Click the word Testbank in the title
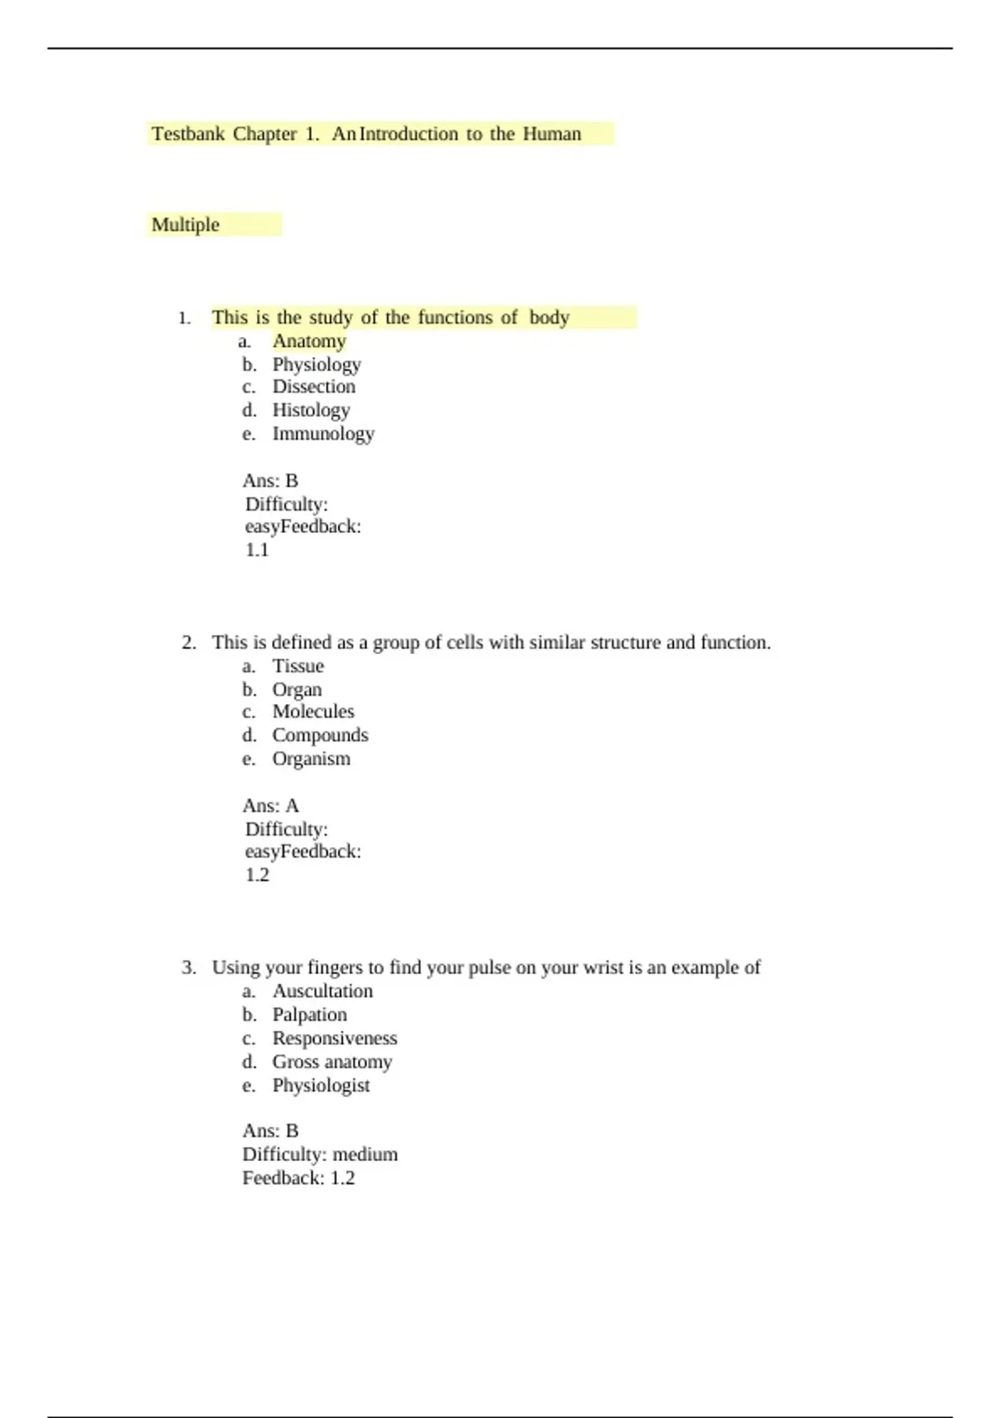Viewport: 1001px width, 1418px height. click(x=188, y=134)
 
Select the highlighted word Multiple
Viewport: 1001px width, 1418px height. click(x=185, y=225)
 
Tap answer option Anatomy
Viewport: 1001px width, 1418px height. click(x=309, y=341)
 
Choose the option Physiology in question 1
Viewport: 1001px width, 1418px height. click(x=316, y=365)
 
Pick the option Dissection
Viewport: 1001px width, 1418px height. click(x=314, y=387)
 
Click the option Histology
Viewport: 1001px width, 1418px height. click(x=310, y=410)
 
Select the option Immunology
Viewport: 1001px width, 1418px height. click(x=323, y=434)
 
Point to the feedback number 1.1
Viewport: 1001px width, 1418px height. click(x=257, y=550)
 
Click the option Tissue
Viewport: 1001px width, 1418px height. click(x=298, y=666)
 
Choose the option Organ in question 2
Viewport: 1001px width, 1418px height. click(x=296, y=690)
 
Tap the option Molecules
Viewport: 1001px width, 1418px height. click(x=313, y=712)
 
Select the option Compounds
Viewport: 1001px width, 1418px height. click(x=319, y=735)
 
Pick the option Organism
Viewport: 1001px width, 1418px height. click(x=310, y=759)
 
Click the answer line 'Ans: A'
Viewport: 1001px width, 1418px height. click(x=270, y=806)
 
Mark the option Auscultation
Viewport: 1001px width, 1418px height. click(x=322, y=991)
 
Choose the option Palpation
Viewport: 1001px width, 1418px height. click(x=309, y=1014)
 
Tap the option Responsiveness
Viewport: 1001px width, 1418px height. click(x=335, y=1038)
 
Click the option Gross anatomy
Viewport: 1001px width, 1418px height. click(x=331, y=1062)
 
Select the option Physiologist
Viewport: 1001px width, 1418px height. click(x=320, y=1085)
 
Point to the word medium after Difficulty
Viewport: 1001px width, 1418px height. click(x=365, y=1154)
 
